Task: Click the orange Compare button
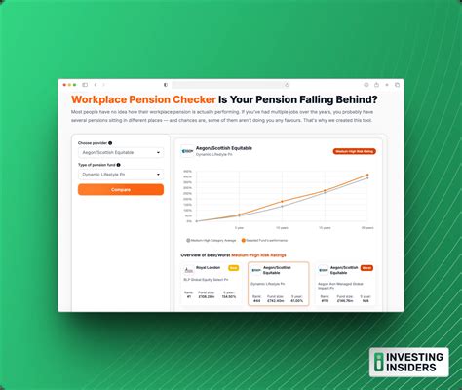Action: point(121,189)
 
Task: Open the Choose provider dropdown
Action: point(121,152)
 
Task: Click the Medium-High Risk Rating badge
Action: point(354,152)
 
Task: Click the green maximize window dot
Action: point(74,85)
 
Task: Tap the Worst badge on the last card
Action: point(366,267)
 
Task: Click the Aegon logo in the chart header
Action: point(188,151)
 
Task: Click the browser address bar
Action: point(231,85)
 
